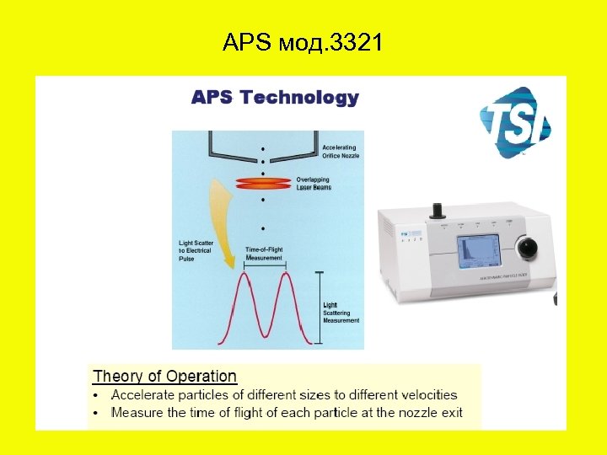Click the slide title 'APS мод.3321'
pyautogui.click(x=303, y=42)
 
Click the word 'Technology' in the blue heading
pyautogui.click(x=299, y=98)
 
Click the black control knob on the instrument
pyautogui.click(x=529, y=248)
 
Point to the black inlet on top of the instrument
pyautogui.click(x=438, y=208)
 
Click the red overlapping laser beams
pyautogui.click(x=262, y=183)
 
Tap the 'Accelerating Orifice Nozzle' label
pyautogui.click(x=340, y=152)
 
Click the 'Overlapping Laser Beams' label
pyautogui.click(x=314, y=184)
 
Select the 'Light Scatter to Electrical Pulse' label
pyautogui.click(x=196, y=251)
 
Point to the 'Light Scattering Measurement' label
pyautogui.click(x=341, y=313)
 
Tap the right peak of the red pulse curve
pyautogui.click(x=287, y=278)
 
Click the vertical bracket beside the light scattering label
pyautogui.click(x=319, y=308)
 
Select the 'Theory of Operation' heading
pyautogui.click(x=164, y=377)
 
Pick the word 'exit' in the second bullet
pyautogui.click(x=451, y=412)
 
